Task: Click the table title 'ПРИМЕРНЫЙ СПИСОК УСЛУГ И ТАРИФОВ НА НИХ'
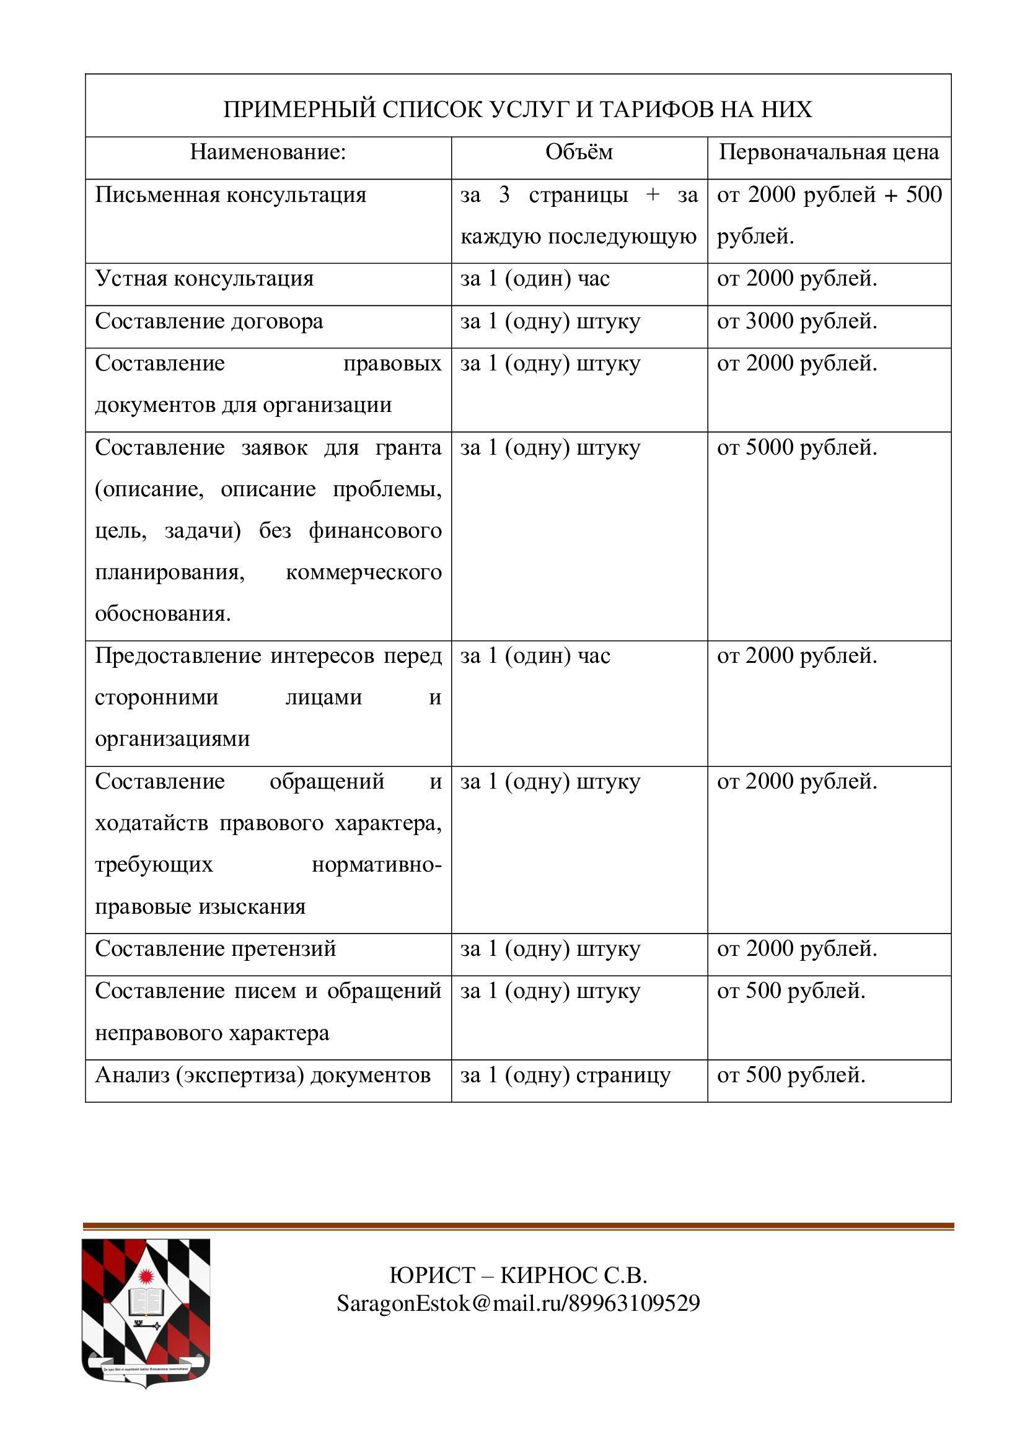tap(517, 110)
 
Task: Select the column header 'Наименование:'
tap(268, 152)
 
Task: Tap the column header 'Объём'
tap(579, 152)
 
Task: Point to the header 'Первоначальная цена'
tap(829, 152)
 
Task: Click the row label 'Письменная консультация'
tap(231, 195)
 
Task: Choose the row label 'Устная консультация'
tap(204, 278)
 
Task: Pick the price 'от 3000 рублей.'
tap(796, 322)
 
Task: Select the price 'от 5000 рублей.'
tap(796, 447)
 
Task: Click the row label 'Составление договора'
tap(209, 322)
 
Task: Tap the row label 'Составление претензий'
tap(215, 948)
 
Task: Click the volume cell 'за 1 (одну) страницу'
tap(565, 1075)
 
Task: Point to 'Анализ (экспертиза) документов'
tap(263, 1075)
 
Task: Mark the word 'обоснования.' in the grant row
tap(163, 613)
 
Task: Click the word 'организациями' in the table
tap(172, 738)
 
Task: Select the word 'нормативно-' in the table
tap(376, 865)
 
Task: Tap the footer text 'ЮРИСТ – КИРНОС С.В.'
tap(518, 1276)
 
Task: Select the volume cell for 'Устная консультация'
tap(535, 278)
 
